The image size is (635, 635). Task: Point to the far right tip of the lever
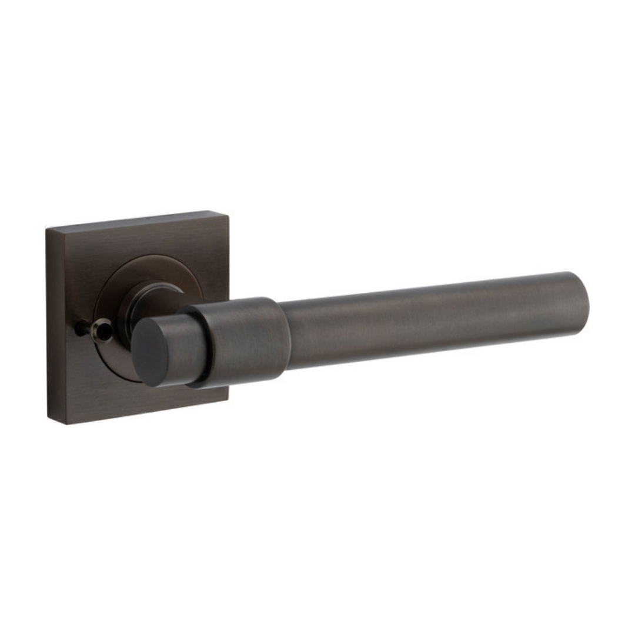[x=589, y=303]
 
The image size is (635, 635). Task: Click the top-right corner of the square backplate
[x=227, y=212]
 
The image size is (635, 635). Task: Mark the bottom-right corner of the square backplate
[x=227, y=401]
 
